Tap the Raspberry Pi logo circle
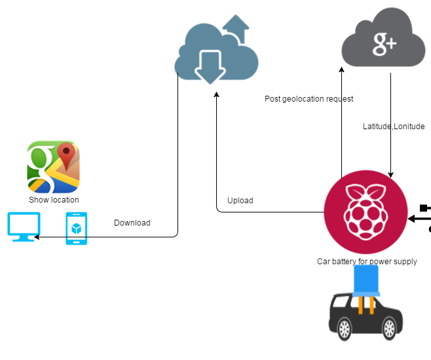pos(365,214)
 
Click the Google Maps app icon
pos(54,167)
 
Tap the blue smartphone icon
pos(76,228)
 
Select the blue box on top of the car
pos(367,281)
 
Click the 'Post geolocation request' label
pos(309,99)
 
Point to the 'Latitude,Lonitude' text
pos(394,127)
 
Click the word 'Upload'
pos(240,201)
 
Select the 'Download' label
pos(132,223)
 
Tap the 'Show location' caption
pos(54,200)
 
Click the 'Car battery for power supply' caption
pos(367,262)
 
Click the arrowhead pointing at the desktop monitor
pos(37,237)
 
